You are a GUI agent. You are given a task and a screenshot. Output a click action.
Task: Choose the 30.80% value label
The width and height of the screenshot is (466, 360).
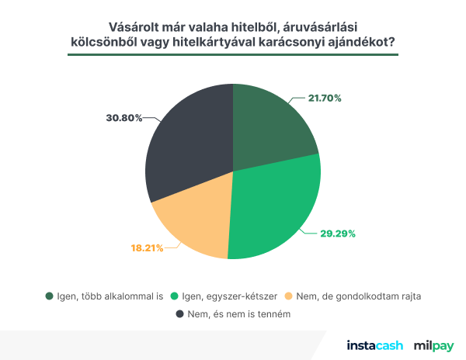[123, 118]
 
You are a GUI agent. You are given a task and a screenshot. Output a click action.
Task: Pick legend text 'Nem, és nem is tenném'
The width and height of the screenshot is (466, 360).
[238, 314]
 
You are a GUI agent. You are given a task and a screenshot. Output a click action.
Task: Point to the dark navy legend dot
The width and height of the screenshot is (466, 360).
[180, 314]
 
